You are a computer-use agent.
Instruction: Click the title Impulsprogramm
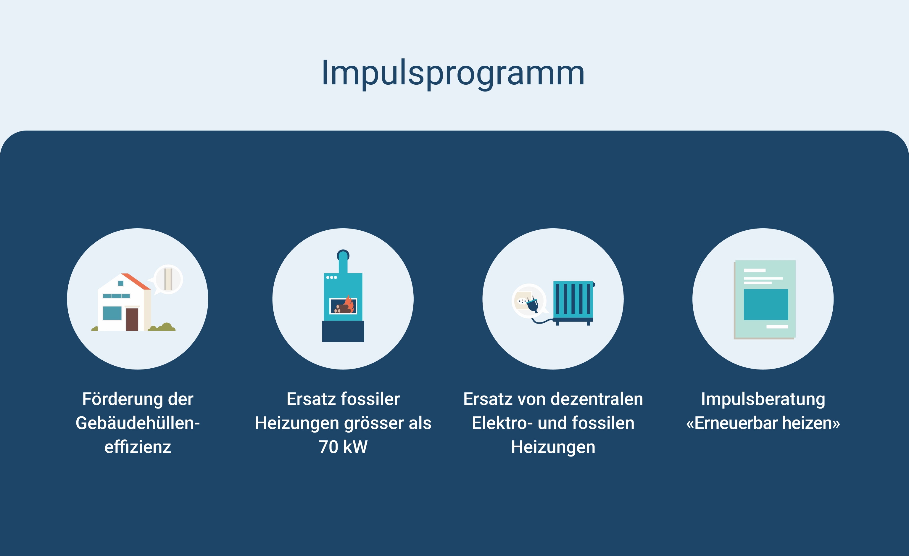point(453,73)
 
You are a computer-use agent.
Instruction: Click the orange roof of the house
point(136,281)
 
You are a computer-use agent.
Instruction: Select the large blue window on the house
point(112,313)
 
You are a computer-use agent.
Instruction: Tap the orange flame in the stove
point(349,304)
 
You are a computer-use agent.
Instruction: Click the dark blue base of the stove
point(343,331)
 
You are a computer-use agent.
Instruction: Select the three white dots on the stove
point(331,277)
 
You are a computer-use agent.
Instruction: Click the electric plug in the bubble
point(532,304)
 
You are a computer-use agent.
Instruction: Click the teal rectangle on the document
point(766,304)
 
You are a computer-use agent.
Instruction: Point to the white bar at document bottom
point(777,326)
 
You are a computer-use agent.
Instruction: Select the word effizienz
point(138,447)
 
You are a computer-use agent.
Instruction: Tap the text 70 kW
point(343,447)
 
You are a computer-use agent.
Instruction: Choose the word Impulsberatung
point(763,399)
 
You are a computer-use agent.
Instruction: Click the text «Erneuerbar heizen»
point(763,423)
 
